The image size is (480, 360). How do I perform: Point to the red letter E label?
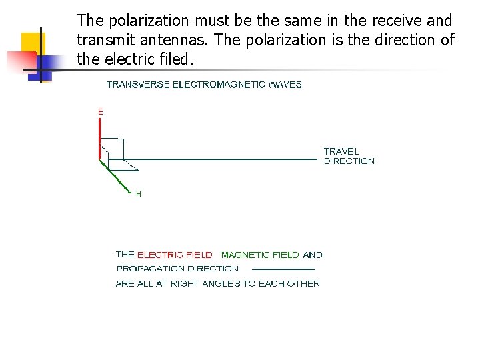pyautogui.click(x=101, y=113)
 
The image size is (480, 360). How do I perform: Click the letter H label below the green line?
pyautogui.click(x=139, y=194)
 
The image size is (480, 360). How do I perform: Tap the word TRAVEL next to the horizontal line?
pyautogui.click(x=341, y=151)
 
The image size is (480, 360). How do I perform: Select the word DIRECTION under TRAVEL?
pyautogui.click(x=349, y=161)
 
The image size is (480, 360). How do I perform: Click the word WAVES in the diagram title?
pyautogui.click(x=287, y=85)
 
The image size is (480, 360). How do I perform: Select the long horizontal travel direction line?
pyautogui.click(x=213, y=159)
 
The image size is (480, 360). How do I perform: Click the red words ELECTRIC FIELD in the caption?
pyautogui.click(x=175, y=255)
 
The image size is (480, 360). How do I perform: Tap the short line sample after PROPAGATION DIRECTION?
pyautogui.click(x=283, y=269)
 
